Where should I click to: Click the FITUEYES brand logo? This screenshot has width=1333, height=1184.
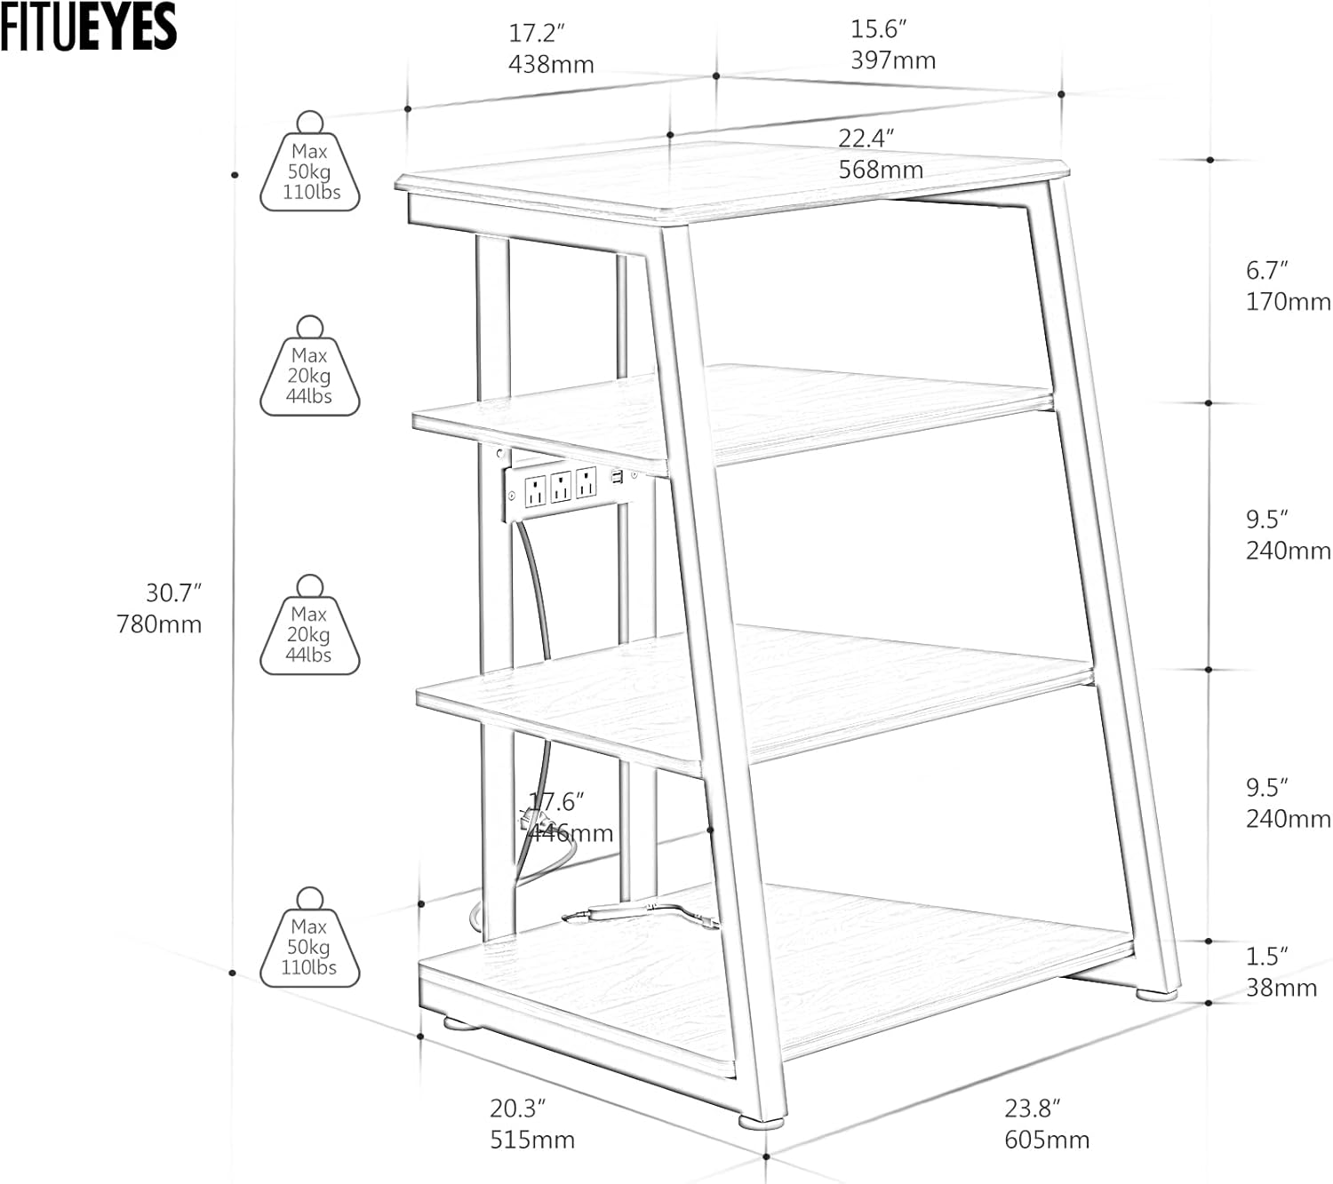(88, 27)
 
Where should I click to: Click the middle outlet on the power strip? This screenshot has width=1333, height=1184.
(560, 488)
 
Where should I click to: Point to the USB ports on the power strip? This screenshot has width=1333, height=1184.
(615, 479)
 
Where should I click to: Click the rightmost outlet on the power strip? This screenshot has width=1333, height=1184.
(585, 483)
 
